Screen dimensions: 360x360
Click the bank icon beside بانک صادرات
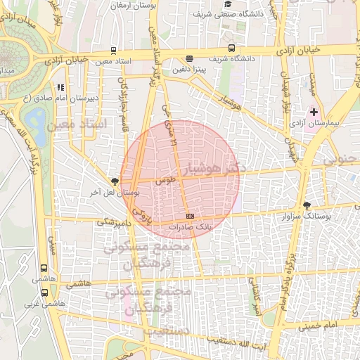click(189, 216)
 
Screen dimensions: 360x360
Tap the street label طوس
click(165, 181)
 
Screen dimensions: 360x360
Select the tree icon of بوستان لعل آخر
click(115, 181)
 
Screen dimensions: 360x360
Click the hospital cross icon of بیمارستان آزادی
click(314, 112)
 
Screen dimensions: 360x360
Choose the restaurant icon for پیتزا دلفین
click(189, 60)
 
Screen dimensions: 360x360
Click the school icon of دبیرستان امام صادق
click(60, 88)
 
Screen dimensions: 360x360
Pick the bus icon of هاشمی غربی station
click(45, 292)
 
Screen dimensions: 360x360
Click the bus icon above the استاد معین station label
click(114, 51)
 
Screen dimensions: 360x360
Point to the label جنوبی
click(340, 160)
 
